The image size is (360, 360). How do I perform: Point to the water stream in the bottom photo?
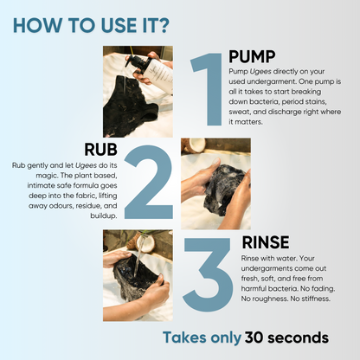[x=135, y=256]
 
